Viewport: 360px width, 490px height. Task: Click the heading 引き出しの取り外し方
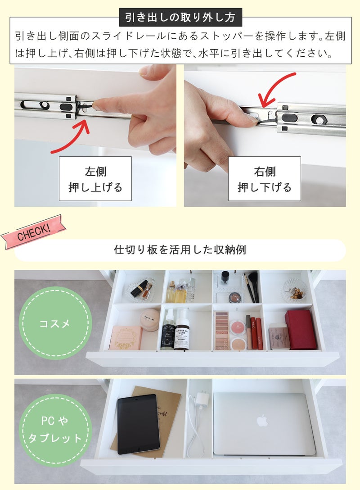(x=180, y=18)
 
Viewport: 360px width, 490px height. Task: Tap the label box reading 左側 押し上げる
(x=95, y=179)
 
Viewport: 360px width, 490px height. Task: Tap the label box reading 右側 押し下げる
(x=264, y=179)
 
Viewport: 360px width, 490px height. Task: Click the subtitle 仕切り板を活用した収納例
(x=180, y=250)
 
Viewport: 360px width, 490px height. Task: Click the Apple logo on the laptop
(x=262, y=421)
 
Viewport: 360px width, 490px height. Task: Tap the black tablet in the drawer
(x=138, y=424)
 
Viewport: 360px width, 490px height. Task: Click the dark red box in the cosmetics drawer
(x=301, y=329)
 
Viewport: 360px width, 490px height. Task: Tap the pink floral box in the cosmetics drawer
(x=126, y=338)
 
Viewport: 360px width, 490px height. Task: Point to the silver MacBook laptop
(x=264, y=423)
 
